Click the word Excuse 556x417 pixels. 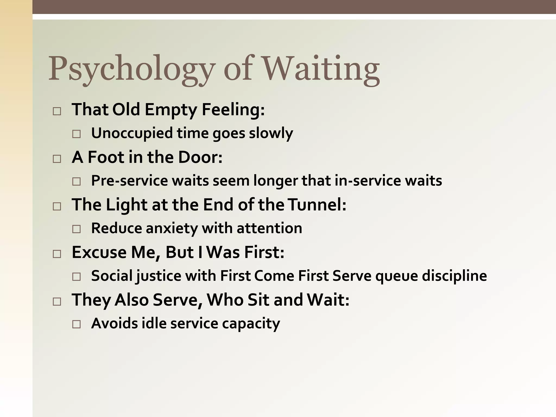pyautogui.click(x=99, y=252)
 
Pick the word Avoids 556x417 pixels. pyautogui.click(x=115, y=323)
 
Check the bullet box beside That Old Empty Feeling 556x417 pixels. pyautogui.click(x=57, y=111)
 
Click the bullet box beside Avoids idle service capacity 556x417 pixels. pyautogui.click(x=77, y=324)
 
